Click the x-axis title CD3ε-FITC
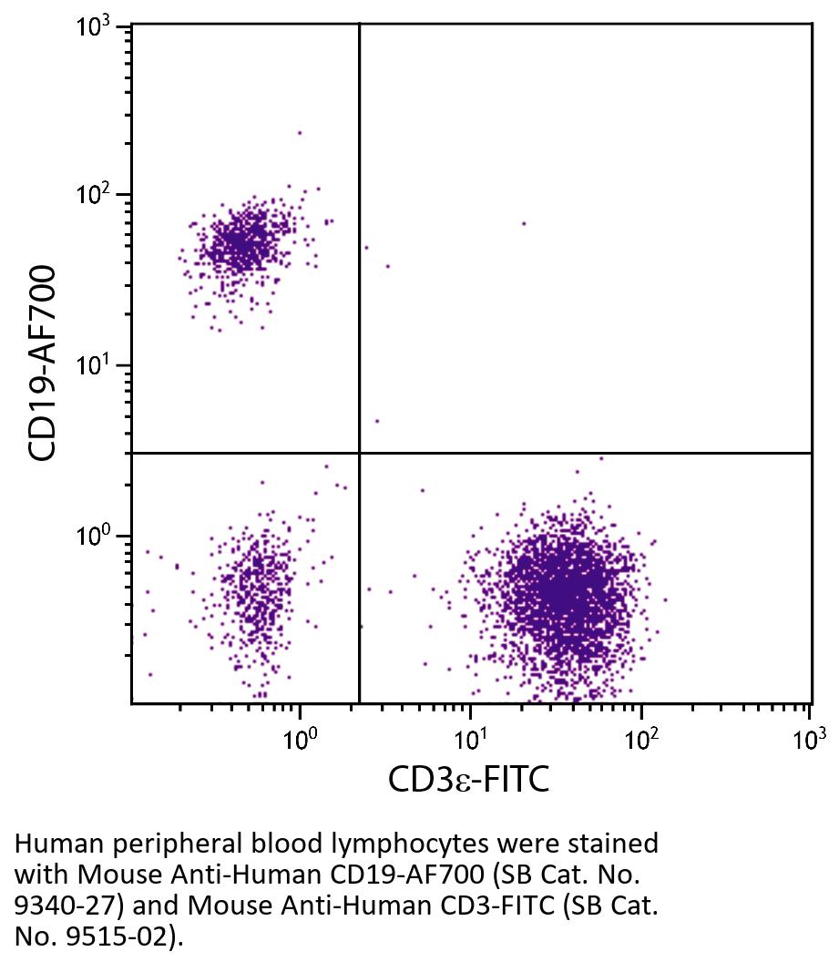click(x=468, y=779)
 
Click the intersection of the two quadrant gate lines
click(x=360, y=452)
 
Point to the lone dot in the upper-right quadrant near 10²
click(x=524, y=223)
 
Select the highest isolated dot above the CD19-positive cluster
click(x=299, y=133)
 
